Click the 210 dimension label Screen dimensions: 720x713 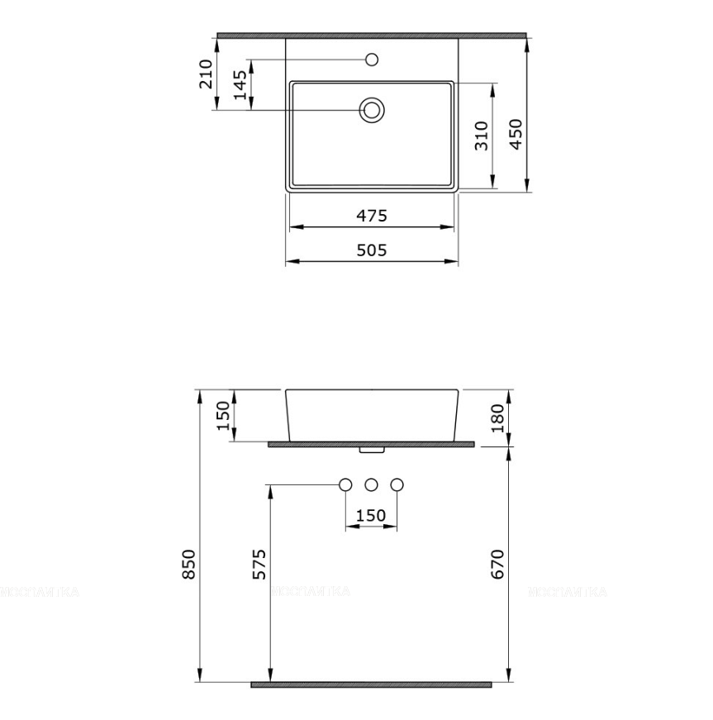click(x=207, y=74)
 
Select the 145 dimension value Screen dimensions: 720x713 click(x=240, y=85)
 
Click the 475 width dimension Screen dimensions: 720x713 click(x=372, y=216)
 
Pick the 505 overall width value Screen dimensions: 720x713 click(x=372, y=250)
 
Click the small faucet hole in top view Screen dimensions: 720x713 click(x=372, y=60)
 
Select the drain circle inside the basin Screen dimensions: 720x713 click(x=372, y=110)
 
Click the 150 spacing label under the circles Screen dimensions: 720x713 click(x=370, y=516)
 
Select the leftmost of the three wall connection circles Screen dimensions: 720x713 click(x=346, y=484)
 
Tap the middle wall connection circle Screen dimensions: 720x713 click(x=372, y=484)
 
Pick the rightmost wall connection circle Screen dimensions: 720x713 click(x=397, y=484)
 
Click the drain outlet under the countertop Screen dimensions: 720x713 click(x=372, y=451)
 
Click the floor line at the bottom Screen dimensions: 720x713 click(x=372, y=684)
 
